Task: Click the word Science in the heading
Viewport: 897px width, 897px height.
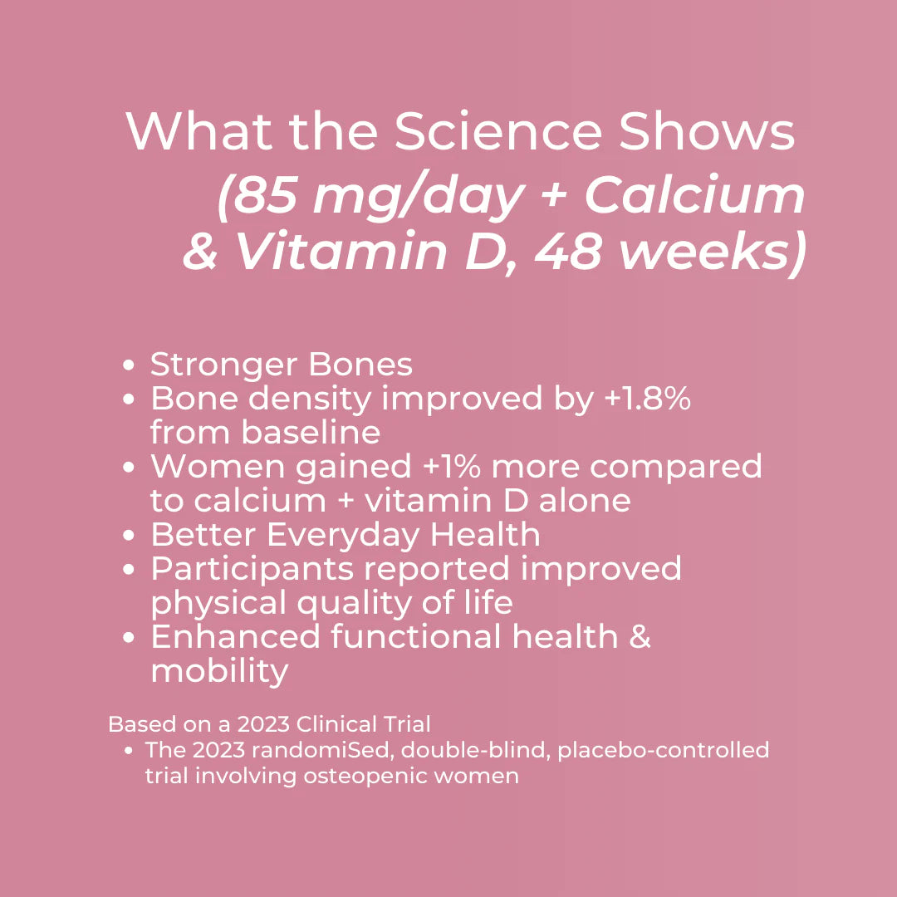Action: pyautogui.click(x=498, y=131)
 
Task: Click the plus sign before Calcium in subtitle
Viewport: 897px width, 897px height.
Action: pyautogui.click(x=553, y=196)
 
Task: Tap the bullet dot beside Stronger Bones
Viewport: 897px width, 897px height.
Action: pyautogui.click(x=129, y=365)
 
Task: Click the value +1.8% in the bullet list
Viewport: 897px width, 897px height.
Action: pyautogui.click(x=648, y=398)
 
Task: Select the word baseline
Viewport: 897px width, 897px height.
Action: pyautogui.click(x=311, y=432)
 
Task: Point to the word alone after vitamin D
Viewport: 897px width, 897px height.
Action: pyautogui.click(x=585, y=501)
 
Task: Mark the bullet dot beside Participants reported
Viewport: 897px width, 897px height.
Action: pyautogui.click(x=129, y=569)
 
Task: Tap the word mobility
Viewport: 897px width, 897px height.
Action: pyautogui.click(x=219, y=671)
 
